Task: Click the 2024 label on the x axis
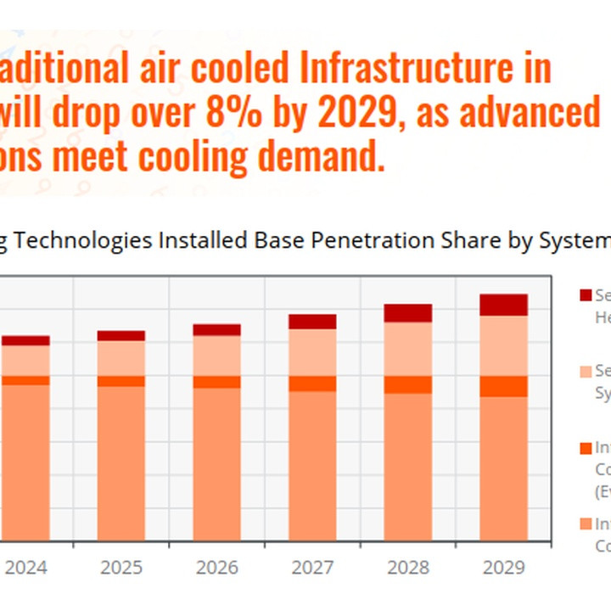click(x=25, y=566)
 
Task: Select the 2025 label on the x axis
click(x=121, y=566)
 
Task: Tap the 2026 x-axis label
click(x=216, y=566)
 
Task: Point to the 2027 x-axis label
click(x=312, y=566)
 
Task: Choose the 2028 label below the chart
click(x=408, y=566)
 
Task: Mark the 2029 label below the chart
click(x=504, y=566)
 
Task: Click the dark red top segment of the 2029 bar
click(x=504, y=305)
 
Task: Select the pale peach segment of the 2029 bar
click(x=504, y=345)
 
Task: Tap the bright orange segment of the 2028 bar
click(x=408, y=384)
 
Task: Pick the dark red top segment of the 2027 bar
click(x=312, y=322)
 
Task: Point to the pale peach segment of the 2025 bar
click(x=121, y=358)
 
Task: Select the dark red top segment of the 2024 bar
click(x=25, y=340)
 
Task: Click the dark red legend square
click(x=585, y=295)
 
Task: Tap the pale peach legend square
click(x=585, y=372)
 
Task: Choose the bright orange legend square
click(x=585, y=447)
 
